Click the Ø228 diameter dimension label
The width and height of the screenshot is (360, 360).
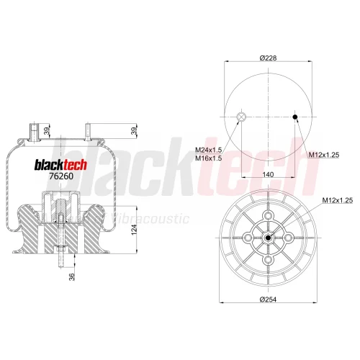268,58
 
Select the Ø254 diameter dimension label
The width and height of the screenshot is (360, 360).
268,300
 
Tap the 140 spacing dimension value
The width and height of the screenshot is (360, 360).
268,174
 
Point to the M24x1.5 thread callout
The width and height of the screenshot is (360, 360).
208,150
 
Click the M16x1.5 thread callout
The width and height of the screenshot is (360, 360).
208,158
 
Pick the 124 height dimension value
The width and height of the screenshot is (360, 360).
134,230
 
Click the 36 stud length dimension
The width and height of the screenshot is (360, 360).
72,276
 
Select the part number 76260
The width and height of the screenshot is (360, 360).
61,176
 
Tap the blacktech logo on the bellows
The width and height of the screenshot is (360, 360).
61,165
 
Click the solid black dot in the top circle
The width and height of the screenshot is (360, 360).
295,117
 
